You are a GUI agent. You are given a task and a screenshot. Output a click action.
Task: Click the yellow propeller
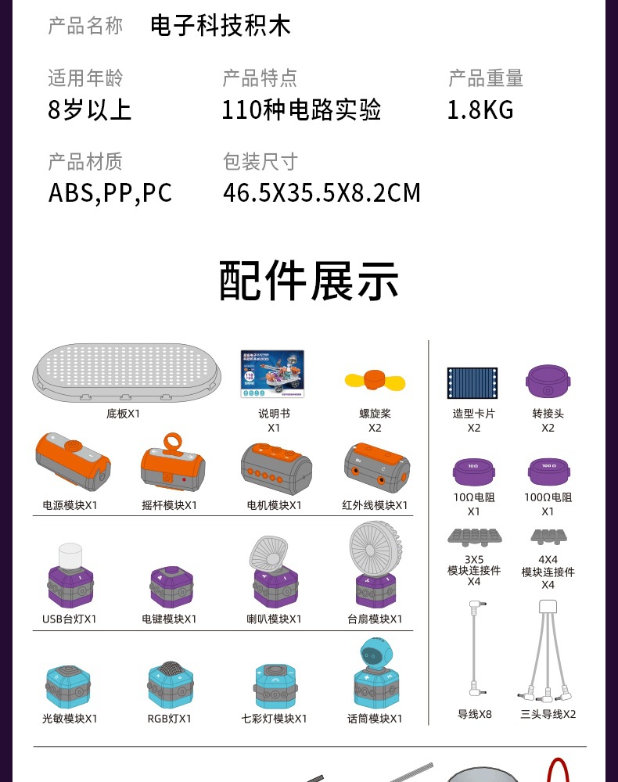(x=369, y=381)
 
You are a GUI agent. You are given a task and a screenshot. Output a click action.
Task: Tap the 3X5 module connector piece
(x=474, y=537)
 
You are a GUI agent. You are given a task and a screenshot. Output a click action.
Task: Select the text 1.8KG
(x=480, y=109)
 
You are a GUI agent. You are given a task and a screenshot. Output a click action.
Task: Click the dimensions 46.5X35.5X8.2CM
(x=322, y=192)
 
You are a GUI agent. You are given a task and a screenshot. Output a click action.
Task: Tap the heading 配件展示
(x=309, y=282)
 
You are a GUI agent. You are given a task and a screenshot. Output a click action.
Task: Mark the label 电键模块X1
(x=169, y=619)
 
